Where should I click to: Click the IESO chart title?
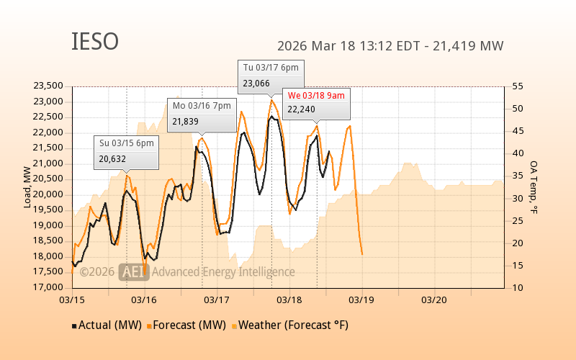point(95,42)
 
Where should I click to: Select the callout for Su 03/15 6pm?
point(126,151)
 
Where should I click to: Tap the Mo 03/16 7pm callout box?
point(202,114)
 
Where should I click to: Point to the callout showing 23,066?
point(271,76)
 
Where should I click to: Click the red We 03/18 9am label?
point(316,95)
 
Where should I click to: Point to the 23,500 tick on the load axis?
point(48,86)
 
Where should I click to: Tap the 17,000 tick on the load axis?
point(48,288)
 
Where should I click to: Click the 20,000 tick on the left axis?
point(48,194)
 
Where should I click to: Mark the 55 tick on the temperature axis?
point(517,86)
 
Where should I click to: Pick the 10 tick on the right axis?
point(517,288)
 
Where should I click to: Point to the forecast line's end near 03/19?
point(361,253)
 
